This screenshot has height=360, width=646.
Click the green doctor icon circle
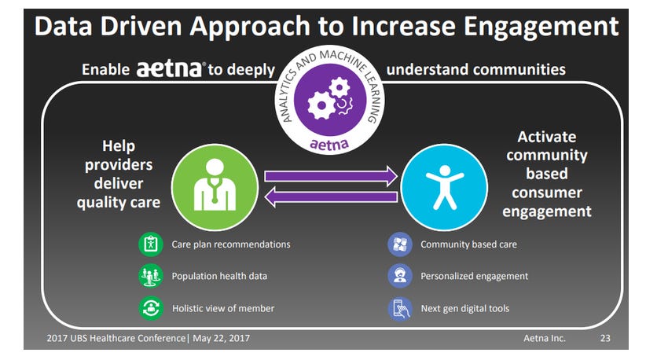(x=215, y=187)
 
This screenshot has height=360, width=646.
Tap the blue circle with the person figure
(x=444, y=187)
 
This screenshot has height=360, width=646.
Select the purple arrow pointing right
(x=331, y=176)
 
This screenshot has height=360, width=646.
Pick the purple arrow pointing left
(x=331, y=197)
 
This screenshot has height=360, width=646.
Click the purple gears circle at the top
(x=330, y=100)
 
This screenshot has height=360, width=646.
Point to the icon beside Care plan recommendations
(x=151, y=244)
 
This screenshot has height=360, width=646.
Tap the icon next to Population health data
(x=151, y=276)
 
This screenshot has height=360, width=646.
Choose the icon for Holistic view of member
(x=151, y=308)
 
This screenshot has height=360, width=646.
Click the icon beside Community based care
(x=400, y=244)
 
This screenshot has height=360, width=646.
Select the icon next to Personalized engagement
(x=400, y=276)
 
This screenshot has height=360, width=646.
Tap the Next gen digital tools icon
(x=400, y=308)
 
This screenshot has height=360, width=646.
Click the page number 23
(x=605, y=338)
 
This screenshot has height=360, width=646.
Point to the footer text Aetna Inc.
(x=545, y=338)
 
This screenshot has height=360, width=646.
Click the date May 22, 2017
(x=222, y=338)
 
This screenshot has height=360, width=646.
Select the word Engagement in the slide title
(x=541, y=27)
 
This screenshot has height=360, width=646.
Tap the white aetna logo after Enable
(x=169, y=69)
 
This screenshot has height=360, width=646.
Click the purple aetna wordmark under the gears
(x=329, y=144)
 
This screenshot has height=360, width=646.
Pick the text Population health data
(x=219, y=276)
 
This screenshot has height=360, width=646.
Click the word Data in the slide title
(x=64, y=26)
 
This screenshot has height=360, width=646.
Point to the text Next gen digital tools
(x=464, y=308)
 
